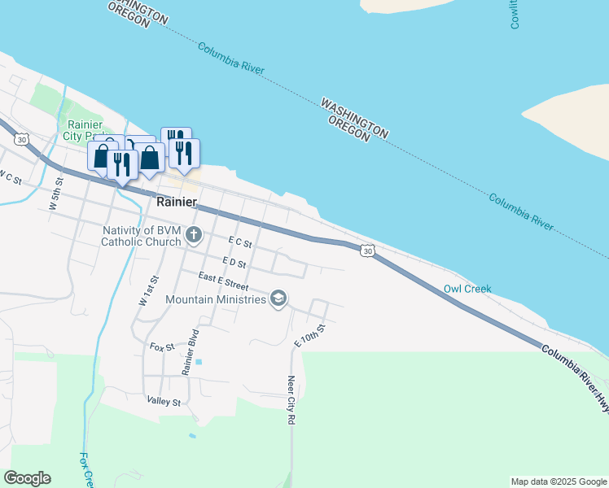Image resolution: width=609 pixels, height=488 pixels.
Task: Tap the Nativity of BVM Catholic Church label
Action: [x=141, y=236]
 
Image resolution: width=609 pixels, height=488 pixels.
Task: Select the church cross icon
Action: [x=193, y=236]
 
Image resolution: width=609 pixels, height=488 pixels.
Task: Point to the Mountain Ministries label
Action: [x=216, y=299]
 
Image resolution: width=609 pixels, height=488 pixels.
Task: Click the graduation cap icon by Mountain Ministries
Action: [x=278, y=299]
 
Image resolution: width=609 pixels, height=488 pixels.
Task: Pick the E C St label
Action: [x=241, y=242]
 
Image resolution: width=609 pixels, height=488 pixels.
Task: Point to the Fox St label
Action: [x=162, y=346]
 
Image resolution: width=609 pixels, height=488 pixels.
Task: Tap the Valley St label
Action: [x=163, y=401]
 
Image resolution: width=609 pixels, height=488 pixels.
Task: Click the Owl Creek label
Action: [x=467, y=289]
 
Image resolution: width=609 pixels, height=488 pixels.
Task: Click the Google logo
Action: [x=27, y=478]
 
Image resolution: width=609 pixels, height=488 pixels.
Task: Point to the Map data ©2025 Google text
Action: [x=559, y=481]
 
